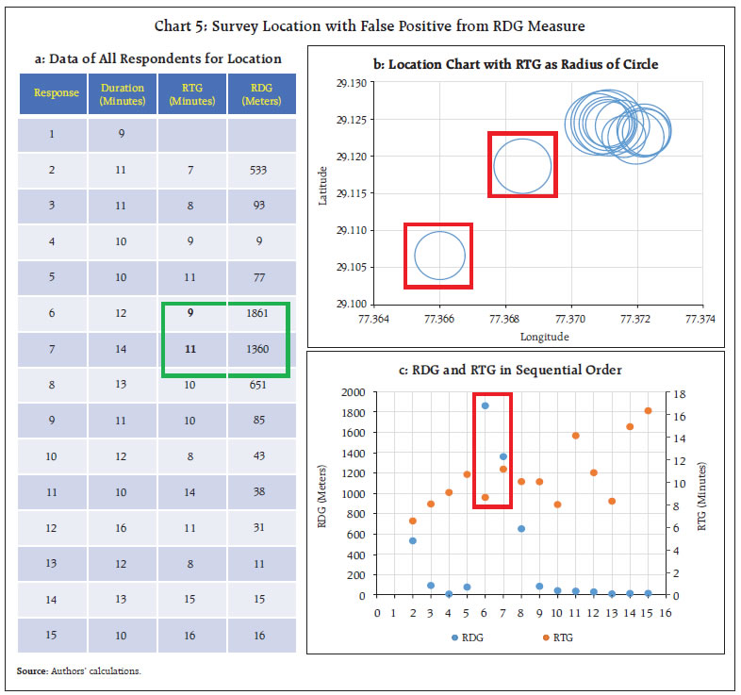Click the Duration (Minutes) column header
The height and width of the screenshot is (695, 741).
(123, 94)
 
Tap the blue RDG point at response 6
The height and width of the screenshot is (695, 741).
(485, 405)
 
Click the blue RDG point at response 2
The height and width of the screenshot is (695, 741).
(412, 540)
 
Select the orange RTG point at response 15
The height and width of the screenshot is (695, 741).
(648, 410)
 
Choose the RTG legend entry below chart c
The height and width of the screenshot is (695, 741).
(555, 637)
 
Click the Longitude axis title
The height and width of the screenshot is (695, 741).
(544, 336)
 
